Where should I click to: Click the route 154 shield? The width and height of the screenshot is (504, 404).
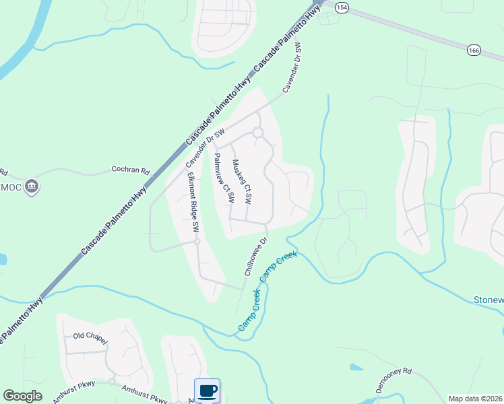[342, 7]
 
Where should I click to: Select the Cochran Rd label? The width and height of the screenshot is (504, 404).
[130, 170]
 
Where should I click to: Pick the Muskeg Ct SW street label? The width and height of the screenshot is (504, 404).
[241, 181]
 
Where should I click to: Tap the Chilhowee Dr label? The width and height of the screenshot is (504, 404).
[256, 255]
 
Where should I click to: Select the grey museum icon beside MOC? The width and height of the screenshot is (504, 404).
[31, 187]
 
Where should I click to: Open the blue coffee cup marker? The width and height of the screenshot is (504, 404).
[207, 391]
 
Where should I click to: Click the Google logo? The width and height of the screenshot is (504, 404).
[22, 396]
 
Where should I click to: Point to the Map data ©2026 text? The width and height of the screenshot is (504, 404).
[475, 399]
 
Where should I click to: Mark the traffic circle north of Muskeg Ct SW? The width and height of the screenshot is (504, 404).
[257, 133]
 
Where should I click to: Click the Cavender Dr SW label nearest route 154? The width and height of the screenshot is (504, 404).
[291, 68]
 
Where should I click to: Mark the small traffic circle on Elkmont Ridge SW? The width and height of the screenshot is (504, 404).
[197, 242]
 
